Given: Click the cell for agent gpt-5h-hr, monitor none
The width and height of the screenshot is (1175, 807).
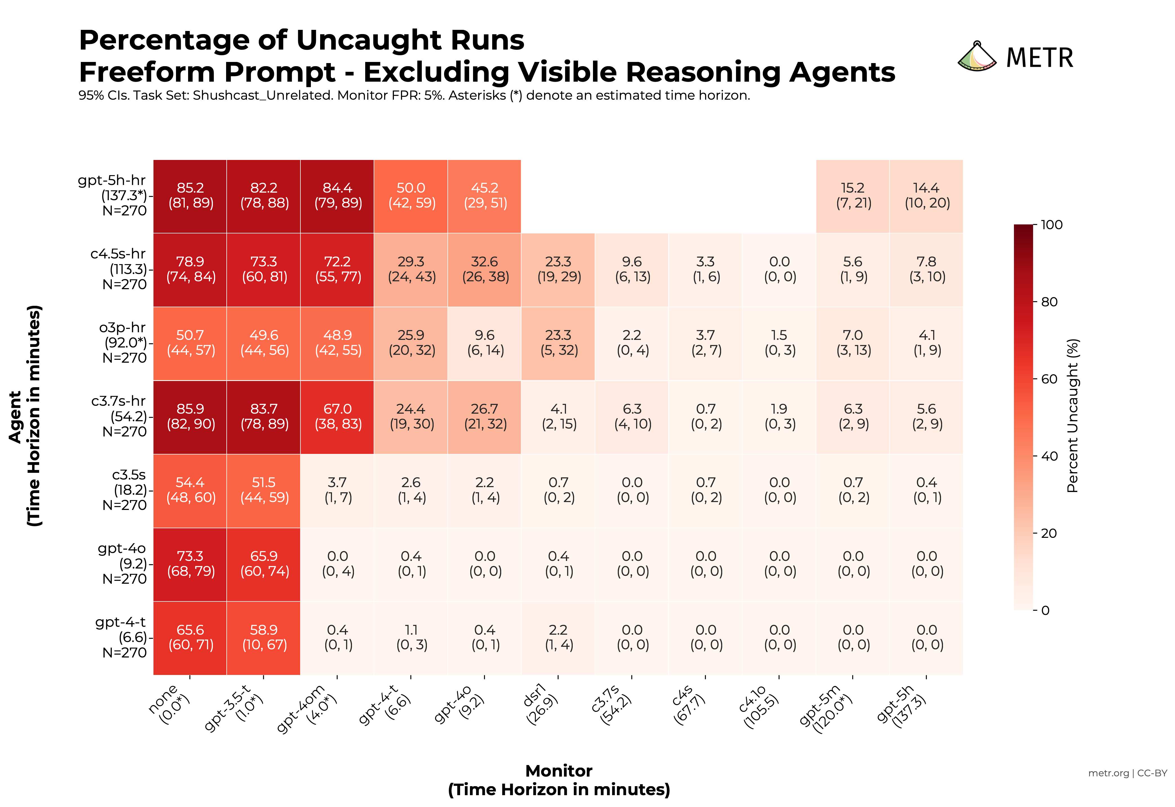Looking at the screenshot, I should (190, 196).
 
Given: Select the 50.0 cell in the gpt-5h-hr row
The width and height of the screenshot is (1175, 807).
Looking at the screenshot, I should (411, 196).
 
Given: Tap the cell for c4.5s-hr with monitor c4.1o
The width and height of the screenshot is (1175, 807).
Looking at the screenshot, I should (779, 269).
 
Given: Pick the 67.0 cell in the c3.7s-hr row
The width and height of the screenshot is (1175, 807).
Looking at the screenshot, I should (337, 417).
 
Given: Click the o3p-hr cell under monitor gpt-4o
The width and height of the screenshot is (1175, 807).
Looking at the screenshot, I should (484, 343).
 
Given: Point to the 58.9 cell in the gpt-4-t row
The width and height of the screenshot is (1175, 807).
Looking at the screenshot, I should (264, 637).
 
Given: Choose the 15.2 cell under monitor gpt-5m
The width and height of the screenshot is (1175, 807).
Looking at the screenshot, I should (852, 196).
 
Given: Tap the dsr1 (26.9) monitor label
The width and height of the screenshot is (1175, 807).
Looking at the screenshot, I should (541, 704).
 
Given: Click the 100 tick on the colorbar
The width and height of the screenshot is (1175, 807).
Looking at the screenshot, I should (1052, 224).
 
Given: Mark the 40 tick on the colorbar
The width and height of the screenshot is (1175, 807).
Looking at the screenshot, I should (1049, 456).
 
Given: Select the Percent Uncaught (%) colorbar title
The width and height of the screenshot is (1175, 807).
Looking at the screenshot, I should (1072, 416).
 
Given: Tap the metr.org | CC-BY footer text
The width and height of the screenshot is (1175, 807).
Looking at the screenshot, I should (1127, 773).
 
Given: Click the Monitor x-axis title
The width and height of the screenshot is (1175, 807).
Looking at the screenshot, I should (559, 771).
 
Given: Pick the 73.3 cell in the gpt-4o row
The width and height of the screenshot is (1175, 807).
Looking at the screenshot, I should (190, 564).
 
